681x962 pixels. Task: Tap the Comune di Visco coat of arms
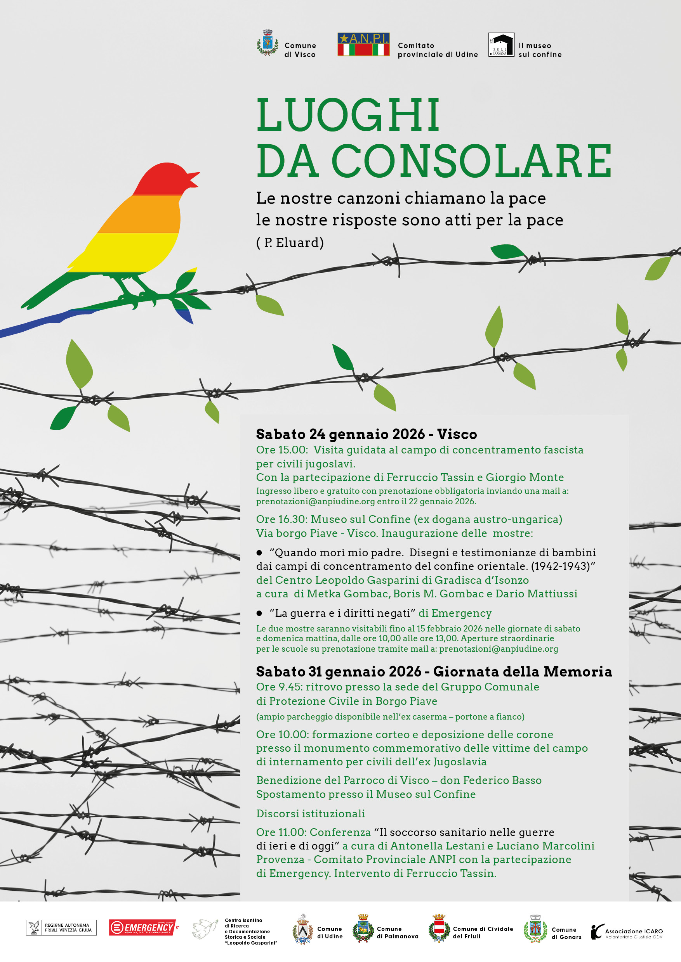tap(267, 43)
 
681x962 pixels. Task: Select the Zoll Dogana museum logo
tap(501, 45)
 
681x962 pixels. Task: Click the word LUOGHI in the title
tap(348, 116)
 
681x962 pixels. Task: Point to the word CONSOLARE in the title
tap(472, 161)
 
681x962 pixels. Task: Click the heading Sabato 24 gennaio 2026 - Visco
tap(366, 434)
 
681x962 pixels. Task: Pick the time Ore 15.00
tap(281, 450)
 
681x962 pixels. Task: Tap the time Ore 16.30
tap(281, 519)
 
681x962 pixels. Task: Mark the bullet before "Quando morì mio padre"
tap(259, 553)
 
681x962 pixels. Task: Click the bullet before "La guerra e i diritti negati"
tap(259, 613)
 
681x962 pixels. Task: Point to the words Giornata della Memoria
tap(522, 671)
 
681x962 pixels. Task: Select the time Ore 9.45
tap(279, 687)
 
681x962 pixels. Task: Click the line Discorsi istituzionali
tap(310, 814)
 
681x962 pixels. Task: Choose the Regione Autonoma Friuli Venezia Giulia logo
tap(61, 927)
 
